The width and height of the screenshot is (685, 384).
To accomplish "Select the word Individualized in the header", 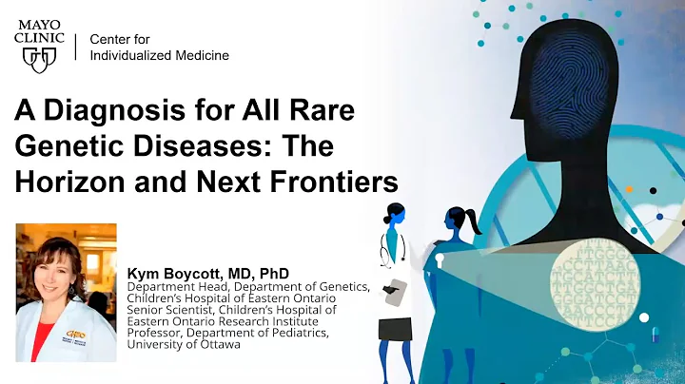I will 132,56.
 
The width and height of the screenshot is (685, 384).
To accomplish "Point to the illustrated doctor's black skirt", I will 394,328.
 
